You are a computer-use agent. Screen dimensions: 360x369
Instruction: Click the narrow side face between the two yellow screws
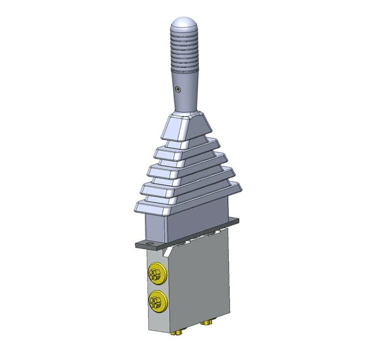pyautogui.click(x=157, y=288)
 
